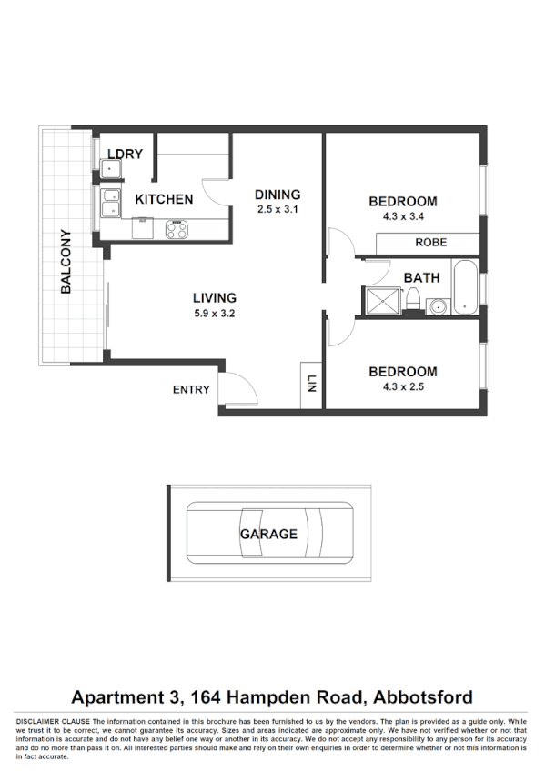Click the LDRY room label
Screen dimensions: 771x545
[x=126, y=154]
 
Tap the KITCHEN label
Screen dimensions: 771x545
[x=164, y=199]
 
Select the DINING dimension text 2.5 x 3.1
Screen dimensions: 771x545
[x=277, y=209]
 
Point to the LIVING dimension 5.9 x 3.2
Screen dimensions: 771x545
[x=214, y=313]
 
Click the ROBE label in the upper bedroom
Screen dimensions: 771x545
[x=429, y=243]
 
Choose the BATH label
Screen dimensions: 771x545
[x=421, y=277]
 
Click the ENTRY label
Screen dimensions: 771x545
[x=191, y=390]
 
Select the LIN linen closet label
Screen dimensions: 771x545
[x=311, y=384]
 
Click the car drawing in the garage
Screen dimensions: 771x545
[x=268, y=534]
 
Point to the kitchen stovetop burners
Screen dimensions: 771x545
[x=176, y=230]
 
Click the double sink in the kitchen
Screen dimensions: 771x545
[x=111, y=204]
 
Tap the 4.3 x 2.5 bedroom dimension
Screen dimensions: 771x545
[x=402, y=385]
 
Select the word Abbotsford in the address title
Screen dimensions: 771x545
[x=419, y=697]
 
